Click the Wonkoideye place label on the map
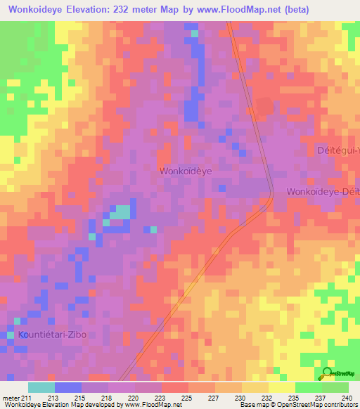186,171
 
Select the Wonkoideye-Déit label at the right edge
323,192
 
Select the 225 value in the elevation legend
187,398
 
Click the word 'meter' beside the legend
11,398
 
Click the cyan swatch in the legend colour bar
41,387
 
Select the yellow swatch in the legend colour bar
281,387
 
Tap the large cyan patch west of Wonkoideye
122,212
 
